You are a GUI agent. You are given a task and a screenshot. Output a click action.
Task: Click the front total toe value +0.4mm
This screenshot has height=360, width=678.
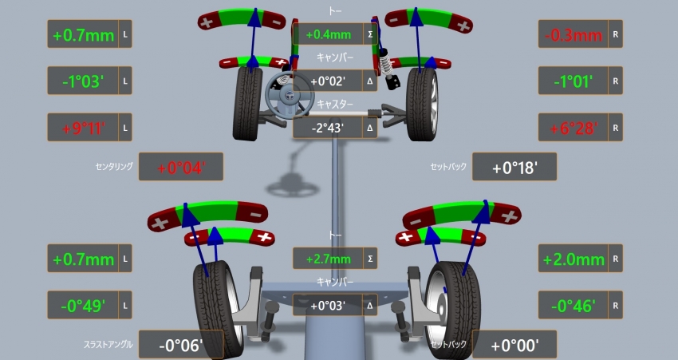point(328,35)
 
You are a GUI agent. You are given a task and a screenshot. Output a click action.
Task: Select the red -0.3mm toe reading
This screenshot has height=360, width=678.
point(573,35)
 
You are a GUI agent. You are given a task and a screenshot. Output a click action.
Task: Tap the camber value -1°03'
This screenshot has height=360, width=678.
point(82,81)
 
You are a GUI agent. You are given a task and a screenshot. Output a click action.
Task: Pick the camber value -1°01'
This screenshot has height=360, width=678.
point(573,81)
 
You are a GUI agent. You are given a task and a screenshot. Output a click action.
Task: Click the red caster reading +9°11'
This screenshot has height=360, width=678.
point(82,127)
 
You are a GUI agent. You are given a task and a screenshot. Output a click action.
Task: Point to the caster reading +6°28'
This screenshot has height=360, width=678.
point(573,127)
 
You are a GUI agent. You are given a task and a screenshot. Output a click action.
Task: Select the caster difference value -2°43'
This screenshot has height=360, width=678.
point(328,127)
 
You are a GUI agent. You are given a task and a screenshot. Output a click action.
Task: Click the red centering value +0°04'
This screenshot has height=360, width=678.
point(180,168)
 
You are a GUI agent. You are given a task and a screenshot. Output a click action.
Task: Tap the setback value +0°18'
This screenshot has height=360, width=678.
point(514,168)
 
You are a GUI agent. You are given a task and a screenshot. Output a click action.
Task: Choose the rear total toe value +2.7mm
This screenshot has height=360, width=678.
point(328,259)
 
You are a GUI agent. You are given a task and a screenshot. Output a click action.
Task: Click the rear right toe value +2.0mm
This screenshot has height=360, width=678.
point(573,259)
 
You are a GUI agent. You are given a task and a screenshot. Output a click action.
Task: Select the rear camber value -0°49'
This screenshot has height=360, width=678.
point(82,305)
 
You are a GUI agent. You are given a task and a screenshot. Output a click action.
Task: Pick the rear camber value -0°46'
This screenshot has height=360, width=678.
point(573,305)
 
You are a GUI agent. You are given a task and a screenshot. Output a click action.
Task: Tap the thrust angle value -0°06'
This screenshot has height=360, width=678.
point(180,345)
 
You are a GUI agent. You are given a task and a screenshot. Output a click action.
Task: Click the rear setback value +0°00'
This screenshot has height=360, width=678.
point(514,345)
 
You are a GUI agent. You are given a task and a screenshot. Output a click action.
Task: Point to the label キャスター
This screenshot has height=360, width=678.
point(335,105)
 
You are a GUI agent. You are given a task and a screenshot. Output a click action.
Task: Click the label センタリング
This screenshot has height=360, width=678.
point(113,168)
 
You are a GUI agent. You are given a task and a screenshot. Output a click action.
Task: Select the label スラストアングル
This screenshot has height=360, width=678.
point(108,345)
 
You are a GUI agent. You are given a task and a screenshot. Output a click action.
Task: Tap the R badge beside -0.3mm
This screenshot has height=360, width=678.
point(615,35)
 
